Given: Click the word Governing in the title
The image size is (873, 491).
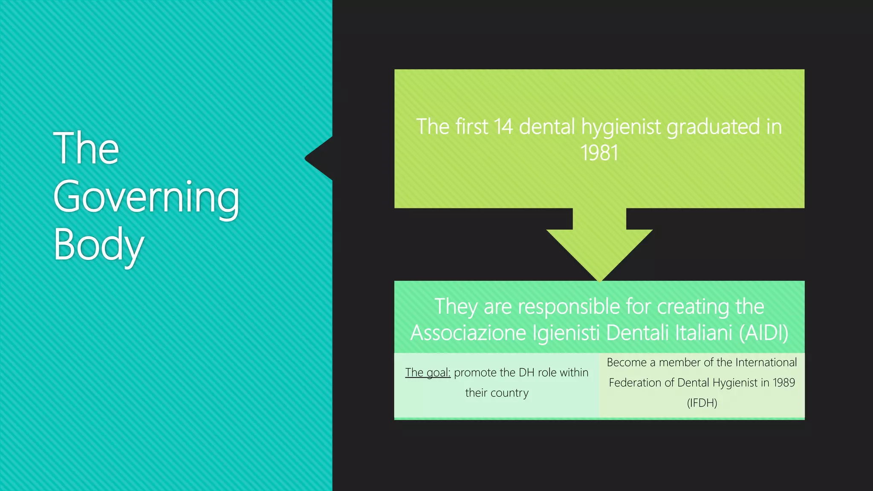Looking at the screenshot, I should tap(146, 197).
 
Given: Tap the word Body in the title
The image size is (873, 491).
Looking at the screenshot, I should tap(98, 245).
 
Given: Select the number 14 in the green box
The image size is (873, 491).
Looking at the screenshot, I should tap(503, 127).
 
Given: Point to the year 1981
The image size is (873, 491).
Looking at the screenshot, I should tap(599, 153).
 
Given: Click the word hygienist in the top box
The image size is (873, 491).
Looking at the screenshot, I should tap(621, 127).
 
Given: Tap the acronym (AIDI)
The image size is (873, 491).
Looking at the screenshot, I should tap(763, 333).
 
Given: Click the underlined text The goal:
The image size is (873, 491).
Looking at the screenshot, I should tap(428, 373).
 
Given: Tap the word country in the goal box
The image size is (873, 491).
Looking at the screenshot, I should tap(509, 393).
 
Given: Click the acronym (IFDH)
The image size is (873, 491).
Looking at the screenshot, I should tap(702, 403).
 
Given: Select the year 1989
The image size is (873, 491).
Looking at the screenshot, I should tap(783, 383).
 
